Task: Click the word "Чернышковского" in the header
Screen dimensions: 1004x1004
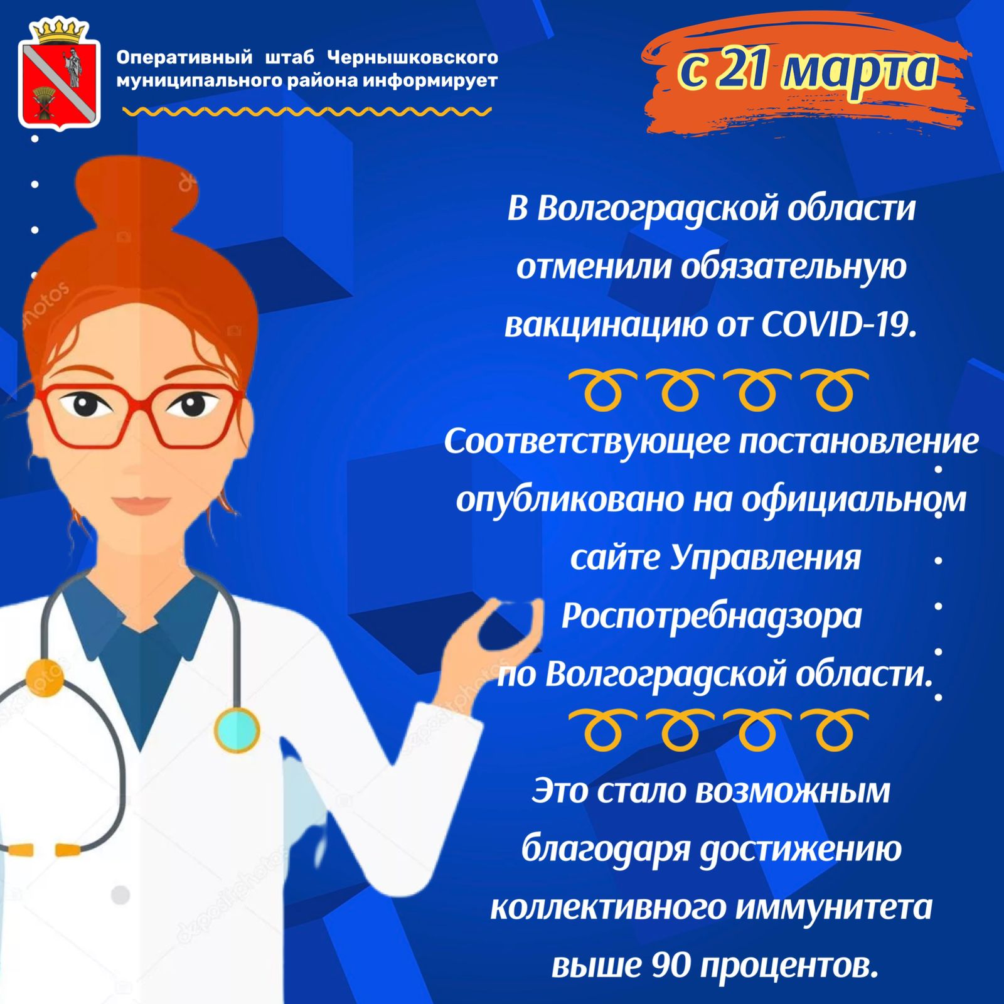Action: coord(413,58)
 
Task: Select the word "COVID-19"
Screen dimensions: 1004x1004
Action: coord(840,324)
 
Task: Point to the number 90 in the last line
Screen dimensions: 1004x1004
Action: coord(671,964)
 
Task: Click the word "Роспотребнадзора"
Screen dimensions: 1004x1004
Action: coord(712,616)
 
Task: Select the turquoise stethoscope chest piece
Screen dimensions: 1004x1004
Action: coord(237,730)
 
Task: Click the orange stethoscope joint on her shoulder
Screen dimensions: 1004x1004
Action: coord(45,678)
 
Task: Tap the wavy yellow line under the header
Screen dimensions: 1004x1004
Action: coord(307,112)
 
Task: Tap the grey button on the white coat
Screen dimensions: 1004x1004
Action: coord(120,895)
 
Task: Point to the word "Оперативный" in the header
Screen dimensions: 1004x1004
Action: coord(184,58)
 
